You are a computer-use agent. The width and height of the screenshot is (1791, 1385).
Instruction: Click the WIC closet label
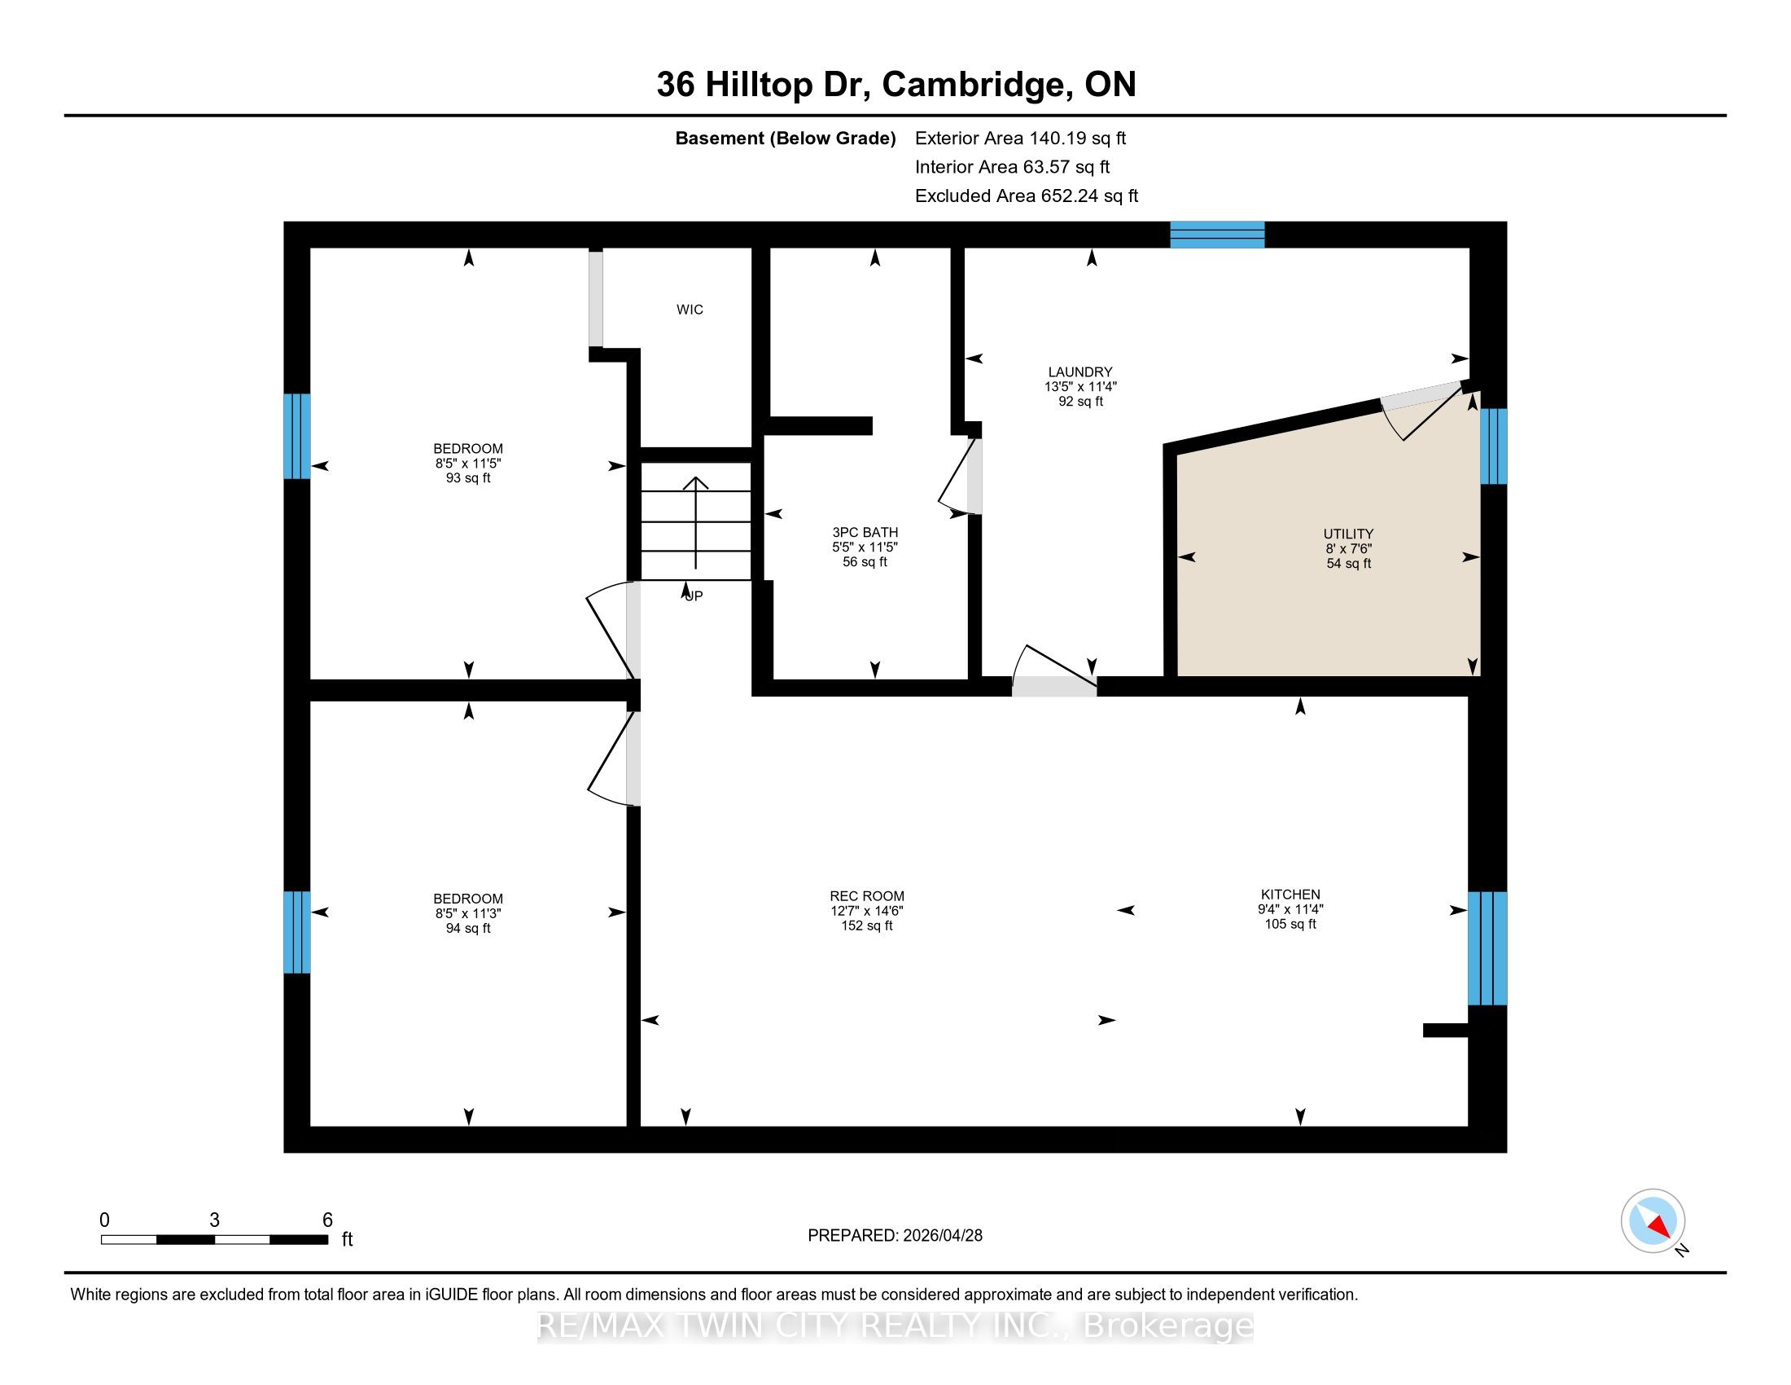pyautogui.click(x=690, y=310)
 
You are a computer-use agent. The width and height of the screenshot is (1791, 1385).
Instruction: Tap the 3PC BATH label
pyautogui.click(x=865, y=532)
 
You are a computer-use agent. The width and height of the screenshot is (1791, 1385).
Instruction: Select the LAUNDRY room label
pyautogui.click(x=1080, y=372)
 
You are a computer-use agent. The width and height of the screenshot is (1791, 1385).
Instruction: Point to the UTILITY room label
pyautogui.click(x=1348, y=534)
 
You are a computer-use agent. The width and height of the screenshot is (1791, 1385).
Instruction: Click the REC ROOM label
pyautogui.click(x=867, y=896)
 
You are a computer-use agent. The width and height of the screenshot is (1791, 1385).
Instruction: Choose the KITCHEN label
pyautogui.click(x=1291, y=895)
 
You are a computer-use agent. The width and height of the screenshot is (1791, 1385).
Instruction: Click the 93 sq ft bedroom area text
pyautogui.click(x=468, y=477)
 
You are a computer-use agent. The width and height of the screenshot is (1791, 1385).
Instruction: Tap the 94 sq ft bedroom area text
pyautogui.click(x=468, y=928)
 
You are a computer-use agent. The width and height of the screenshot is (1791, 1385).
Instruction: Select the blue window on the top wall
pyautogui.click(x=1217, y=235)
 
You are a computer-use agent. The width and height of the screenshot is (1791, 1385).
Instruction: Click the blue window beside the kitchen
pyautogui.click(x=1487, y=948)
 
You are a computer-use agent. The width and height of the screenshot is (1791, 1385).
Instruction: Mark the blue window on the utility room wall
pyautogui.click(x=1493, y=446)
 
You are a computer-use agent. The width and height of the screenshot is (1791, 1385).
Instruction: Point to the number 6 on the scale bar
pyautogui.click(x=327, y=1220)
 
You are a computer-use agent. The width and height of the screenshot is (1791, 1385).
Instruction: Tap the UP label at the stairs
pyautogui.click(x=694, y=596)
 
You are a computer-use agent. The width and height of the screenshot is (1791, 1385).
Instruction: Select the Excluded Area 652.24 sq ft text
pyautogui.click(x=1027, y=196)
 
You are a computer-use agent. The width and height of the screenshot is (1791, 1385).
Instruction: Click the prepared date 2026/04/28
pyautogui.click(x=941, y=1235)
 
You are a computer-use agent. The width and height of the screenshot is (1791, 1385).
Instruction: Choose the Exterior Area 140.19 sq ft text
pyautogui.click(x=1021, y=138)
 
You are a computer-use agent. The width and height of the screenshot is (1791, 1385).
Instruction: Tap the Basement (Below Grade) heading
pyautogui.click(x=786, y=138)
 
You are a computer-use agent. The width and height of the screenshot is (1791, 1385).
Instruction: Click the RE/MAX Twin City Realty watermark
pyautogui.click(x=895, y=1326)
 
